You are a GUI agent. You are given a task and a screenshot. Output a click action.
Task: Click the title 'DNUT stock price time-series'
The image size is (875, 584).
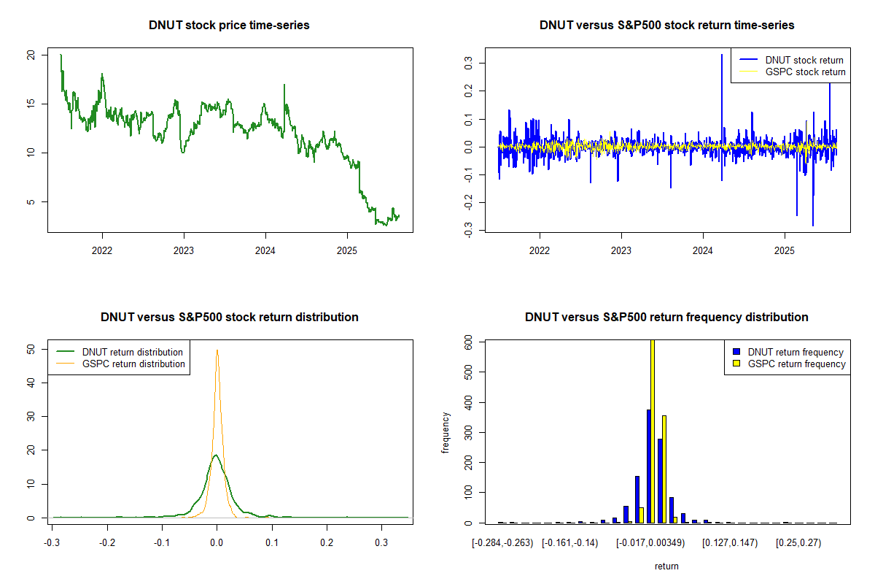(229, 26)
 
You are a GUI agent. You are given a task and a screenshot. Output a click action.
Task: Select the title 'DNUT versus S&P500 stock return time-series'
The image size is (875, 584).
(666, 26)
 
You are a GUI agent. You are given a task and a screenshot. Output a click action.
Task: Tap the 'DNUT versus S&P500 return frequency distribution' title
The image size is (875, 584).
(666, 318)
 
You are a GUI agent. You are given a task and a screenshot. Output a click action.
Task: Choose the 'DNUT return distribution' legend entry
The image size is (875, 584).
(132, 352)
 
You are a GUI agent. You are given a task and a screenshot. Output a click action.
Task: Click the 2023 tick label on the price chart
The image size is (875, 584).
(184, 248)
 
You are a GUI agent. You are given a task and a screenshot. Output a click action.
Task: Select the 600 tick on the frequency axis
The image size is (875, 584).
(469, 341)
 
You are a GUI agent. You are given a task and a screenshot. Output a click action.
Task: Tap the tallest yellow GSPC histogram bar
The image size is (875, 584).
(652, 431)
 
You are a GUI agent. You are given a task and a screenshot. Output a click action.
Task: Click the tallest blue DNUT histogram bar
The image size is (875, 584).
(647, 466)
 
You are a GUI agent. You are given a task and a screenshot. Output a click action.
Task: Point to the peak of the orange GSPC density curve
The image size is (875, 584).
(217, 350)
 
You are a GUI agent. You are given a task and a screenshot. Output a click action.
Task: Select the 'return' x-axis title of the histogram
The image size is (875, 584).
(666, 566)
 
